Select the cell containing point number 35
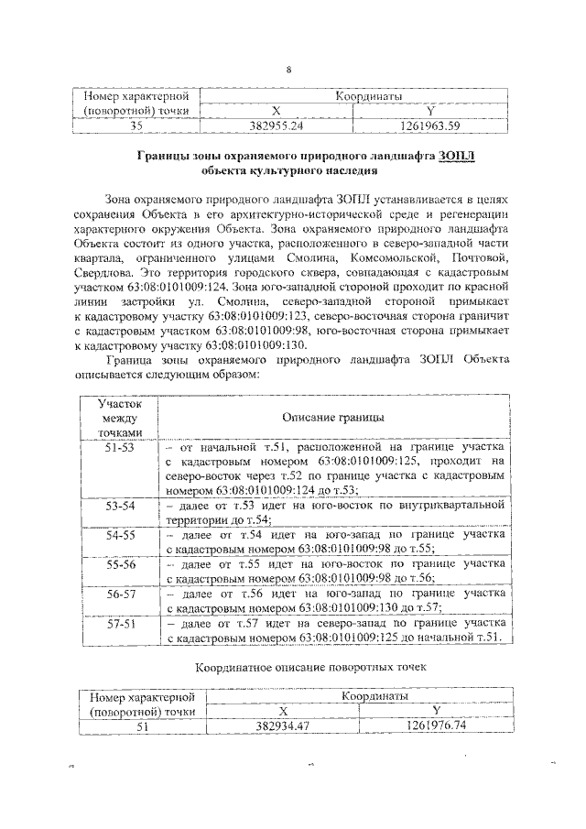(x=136, y=125)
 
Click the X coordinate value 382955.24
(x=277, y=125)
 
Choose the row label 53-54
(x=119, y=505)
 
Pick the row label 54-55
(x=119, y=533)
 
